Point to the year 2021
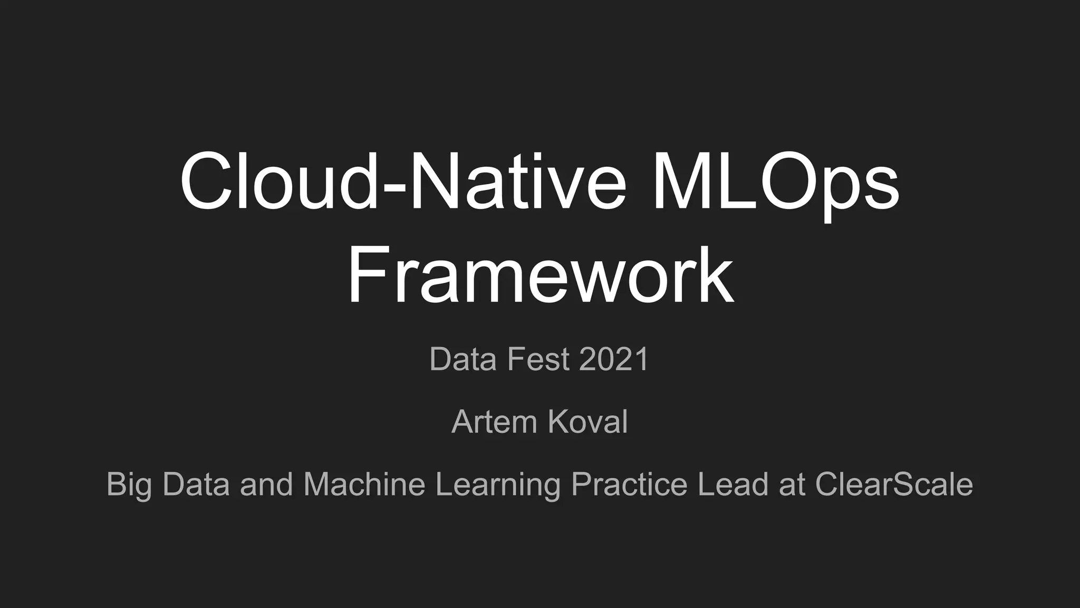[614, 359]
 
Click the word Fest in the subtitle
[538, 359]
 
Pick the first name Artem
[493, 422]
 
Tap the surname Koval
[587, 422]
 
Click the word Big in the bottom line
[129, 484]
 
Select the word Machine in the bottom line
[364, 484]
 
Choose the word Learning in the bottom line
[498, 484]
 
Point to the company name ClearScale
[894, 484]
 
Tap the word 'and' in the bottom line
[266, 484]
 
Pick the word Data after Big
[196, 484]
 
